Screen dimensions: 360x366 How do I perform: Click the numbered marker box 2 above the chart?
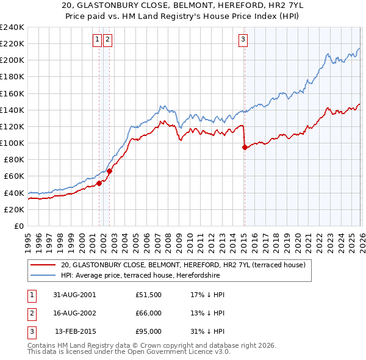coord(107,40)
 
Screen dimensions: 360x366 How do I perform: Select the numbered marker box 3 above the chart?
coord(243,40)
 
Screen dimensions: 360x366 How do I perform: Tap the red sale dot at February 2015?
coord(245,147)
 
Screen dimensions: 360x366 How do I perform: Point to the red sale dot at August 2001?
coord(99,183)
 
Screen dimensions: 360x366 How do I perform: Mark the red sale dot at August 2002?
coord(109,171)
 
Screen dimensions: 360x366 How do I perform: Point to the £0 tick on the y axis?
coord(18,226)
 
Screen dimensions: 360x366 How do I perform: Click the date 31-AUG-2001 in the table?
coord(74,294)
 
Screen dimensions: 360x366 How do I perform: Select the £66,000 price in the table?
coord(148,313)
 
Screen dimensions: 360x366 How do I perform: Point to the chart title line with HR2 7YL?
coord(182,5)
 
